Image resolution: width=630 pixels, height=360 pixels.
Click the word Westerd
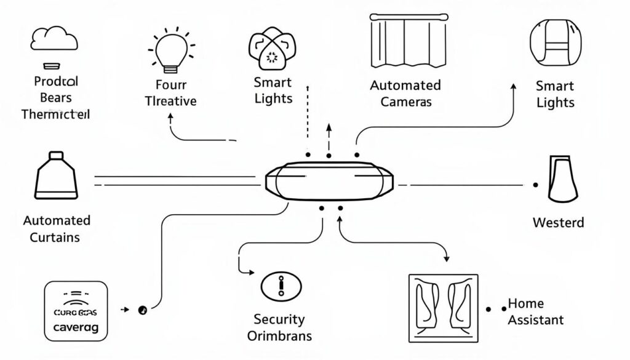click(x=558, y=222)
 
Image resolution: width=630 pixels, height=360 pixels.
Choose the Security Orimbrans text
click(x=279, y=327)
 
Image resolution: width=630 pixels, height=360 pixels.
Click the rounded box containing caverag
click(x=76, y=311)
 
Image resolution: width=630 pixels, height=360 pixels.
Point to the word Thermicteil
click(x=55, y=114)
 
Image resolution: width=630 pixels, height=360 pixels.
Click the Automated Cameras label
click(x=405, y=94)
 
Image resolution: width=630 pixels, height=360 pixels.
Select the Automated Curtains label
click(x=57, y=228)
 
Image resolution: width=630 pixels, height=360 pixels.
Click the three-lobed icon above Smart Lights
click(x=273, y=50)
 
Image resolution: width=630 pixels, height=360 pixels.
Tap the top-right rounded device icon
click(x=555, y=44)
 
